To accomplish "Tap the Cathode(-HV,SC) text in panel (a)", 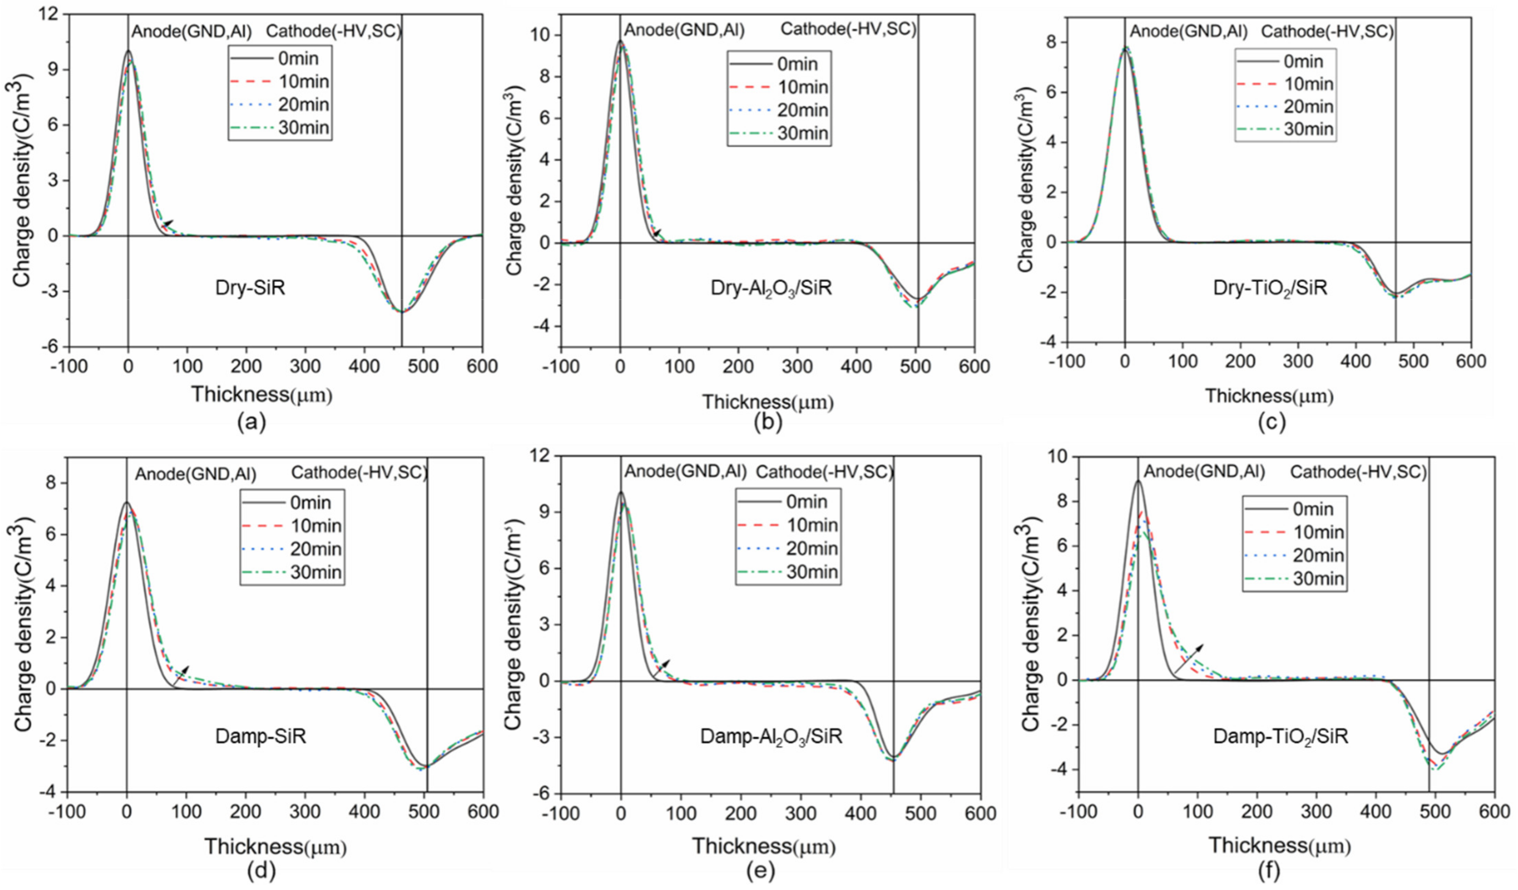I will pos(334,31).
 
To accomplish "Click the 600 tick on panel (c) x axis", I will pos(1470,362).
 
